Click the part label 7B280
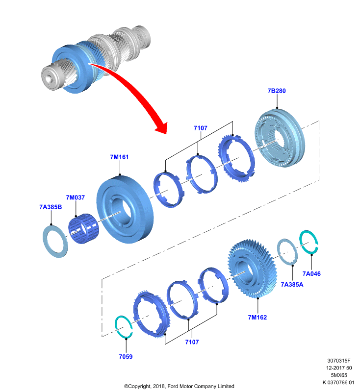coord(277,91)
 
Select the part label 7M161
coord(119,157)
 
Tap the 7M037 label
coord(76,197)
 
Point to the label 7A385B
coord(51,207)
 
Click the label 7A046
coord(311,274)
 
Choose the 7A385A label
coord(292,285)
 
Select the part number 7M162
coord(257,318)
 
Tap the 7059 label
coord(126,357)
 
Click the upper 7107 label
coord(201,128)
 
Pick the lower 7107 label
coord(192,342)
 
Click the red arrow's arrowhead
coord(161,127)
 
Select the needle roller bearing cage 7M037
coord(83,228)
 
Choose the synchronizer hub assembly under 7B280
coord(280,138)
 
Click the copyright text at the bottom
coord(179,386)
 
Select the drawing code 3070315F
coord(339,361)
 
